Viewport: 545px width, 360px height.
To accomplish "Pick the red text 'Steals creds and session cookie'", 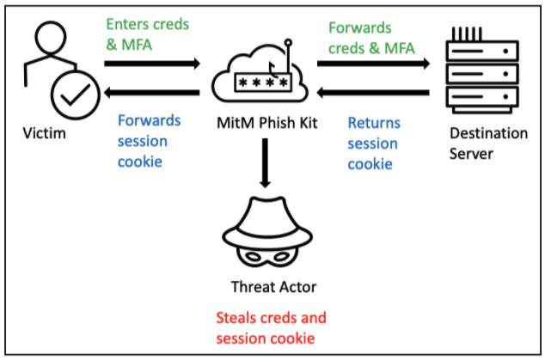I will coord(272,327).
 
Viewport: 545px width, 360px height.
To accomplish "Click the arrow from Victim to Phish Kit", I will coord(151,64).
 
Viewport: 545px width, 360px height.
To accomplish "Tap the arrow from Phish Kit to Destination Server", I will coord(373,64).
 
